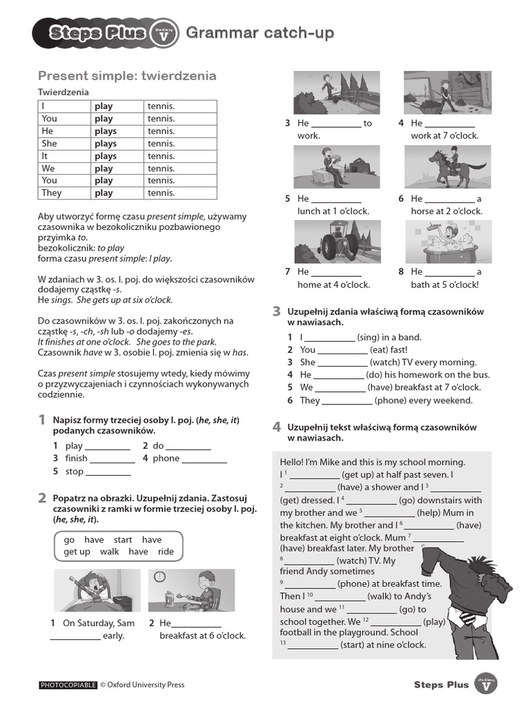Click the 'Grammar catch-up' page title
coord(260,32)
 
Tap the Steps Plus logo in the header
coord(97,34)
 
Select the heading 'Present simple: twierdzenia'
coord(127,76)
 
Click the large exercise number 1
coord(42,420)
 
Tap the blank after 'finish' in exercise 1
coord(112,459)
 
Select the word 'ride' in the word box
coord(166,552)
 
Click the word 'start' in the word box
coord(123,540)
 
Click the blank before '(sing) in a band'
coord(329,338)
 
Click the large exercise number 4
coord(276,427)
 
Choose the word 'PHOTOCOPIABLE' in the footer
coord(68,685)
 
